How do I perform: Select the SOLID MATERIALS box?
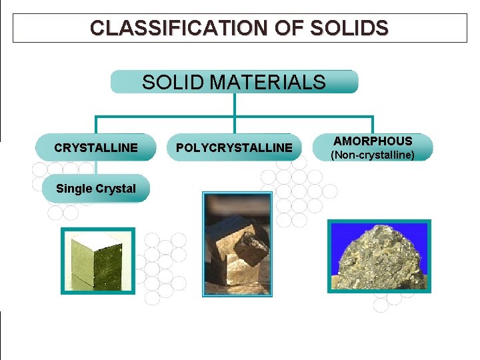point(234,82)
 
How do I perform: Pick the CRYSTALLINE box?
point(96,147)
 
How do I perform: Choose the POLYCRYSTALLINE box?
point(234,147)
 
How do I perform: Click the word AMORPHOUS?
point(373,141)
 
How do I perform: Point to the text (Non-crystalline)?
point(373,155)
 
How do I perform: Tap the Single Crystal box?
point(96,189)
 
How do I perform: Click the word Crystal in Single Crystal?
point(116,189)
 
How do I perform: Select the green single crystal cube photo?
point(97,261)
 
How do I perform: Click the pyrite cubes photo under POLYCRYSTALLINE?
point(237,244)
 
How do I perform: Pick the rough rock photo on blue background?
point(379,256)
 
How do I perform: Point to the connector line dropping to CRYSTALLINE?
point(96,126)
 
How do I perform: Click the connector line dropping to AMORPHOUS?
point(373,125)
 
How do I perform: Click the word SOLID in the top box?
point(173,82)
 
